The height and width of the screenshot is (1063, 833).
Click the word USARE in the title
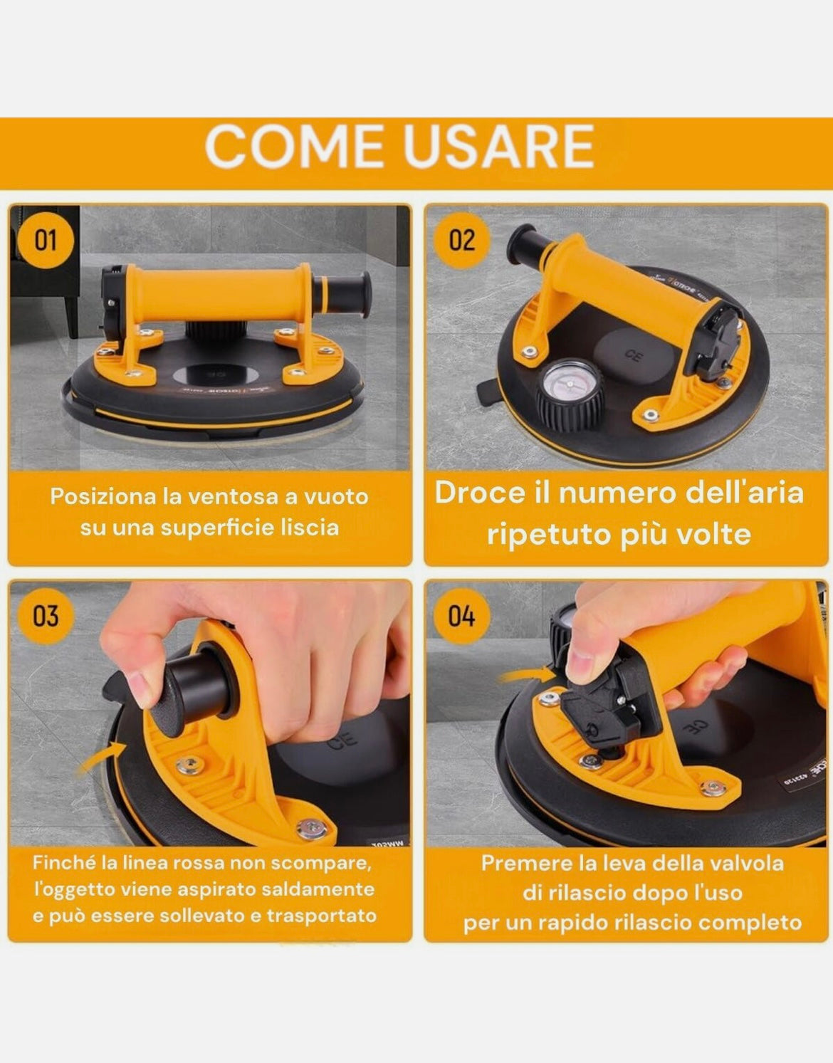point(498,147)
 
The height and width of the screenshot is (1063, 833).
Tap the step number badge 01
point(46,241)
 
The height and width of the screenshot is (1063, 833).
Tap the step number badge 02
point(461,241)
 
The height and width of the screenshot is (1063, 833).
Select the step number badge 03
point(46,616)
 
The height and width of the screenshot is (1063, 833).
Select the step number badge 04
point(461,616)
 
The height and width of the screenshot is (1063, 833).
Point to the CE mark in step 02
point(631,355)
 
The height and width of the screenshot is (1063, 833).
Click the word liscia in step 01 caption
point(307,528)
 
